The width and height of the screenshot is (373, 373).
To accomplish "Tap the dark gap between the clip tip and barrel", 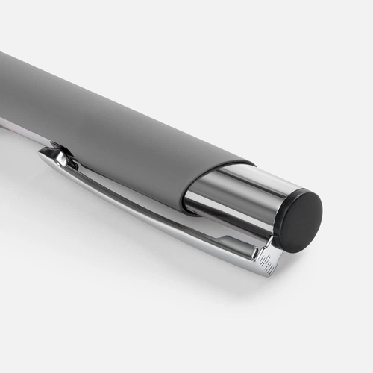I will [x=67, y=154].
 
